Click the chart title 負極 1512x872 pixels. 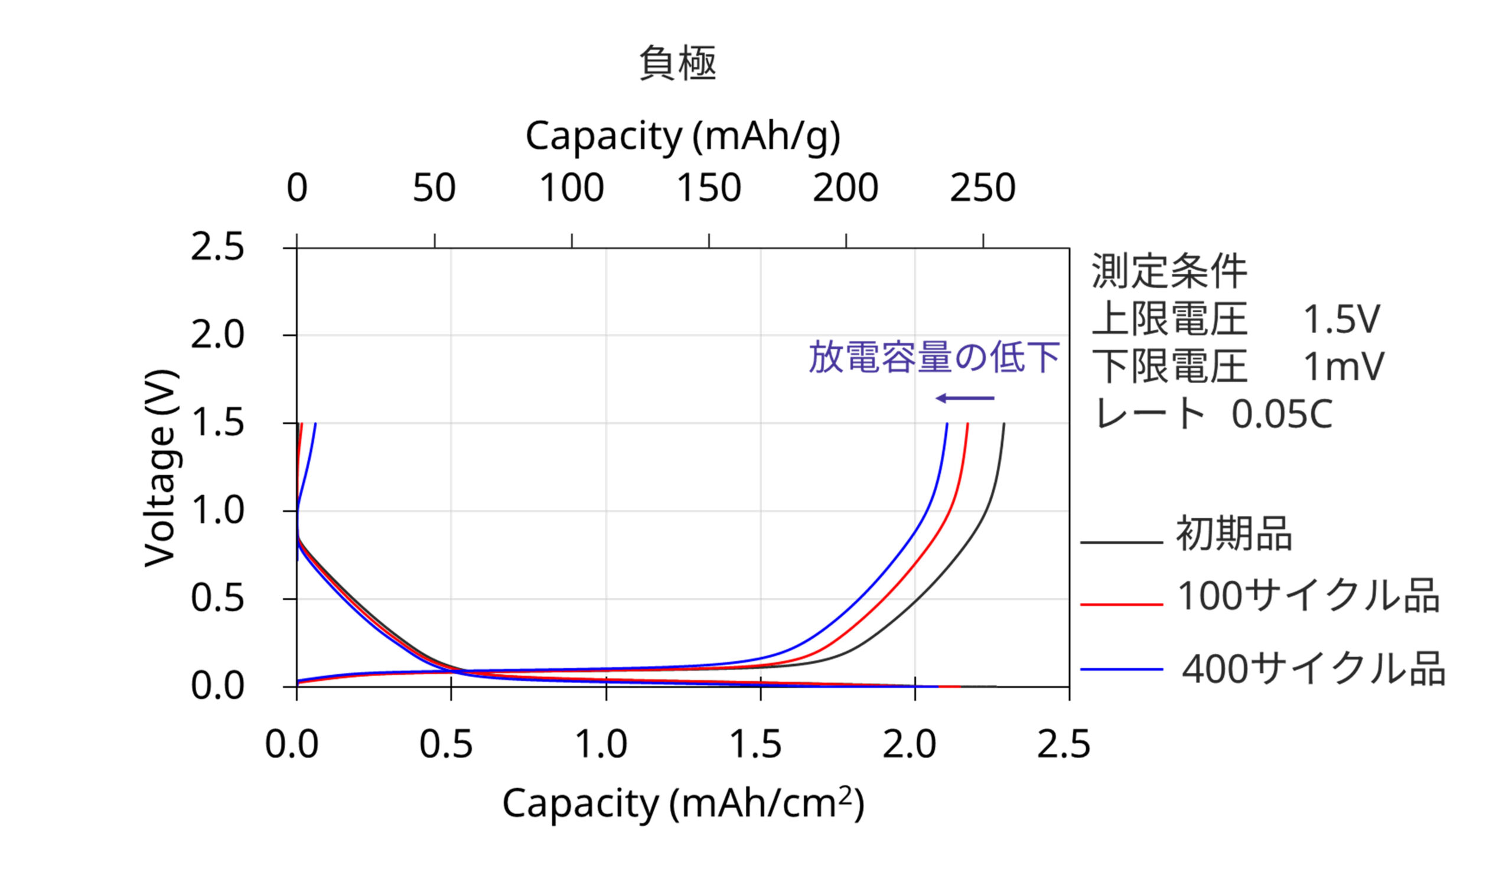677,64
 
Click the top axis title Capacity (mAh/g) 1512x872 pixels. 682,136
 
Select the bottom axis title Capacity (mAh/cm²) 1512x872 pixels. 682,804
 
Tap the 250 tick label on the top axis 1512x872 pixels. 982,188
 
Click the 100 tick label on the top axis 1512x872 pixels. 572,188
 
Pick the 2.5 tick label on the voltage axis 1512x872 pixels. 217,247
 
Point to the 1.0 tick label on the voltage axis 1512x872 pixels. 217,511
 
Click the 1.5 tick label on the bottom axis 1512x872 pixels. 755,744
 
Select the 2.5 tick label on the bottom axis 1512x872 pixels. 1063,744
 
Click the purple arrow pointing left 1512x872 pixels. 965,399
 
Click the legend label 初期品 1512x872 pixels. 1234,534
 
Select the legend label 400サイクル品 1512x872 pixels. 1313,669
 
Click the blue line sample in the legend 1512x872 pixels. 1122,669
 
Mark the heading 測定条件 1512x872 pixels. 1169,272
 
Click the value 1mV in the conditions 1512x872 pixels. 1344,367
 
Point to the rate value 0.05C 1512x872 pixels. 1282,414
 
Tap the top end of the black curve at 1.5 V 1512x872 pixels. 1003,424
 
